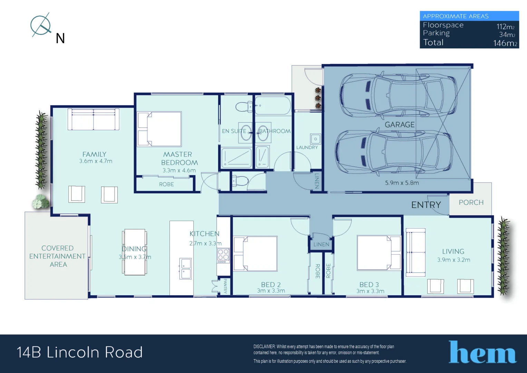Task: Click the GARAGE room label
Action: click(399, 125)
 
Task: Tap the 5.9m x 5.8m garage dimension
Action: click(402, 183)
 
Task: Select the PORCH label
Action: click(471, 202)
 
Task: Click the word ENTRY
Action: click(426, 205)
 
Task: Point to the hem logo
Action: click(482, 353)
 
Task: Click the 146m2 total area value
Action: click(505, 43)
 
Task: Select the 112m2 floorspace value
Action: click(505, 27)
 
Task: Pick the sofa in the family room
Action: click(94, 119)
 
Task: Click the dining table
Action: click(135, 252)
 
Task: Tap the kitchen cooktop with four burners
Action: click(223, 255)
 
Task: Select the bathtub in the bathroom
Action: click(272, 106)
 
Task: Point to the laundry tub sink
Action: click(315, 139)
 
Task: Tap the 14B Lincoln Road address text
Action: click(80, 352)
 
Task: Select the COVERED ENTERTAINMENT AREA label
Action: click(57, 256)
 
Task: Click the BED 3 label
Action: click(369, 285)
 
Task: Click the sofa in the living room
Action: click(415, 252)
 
